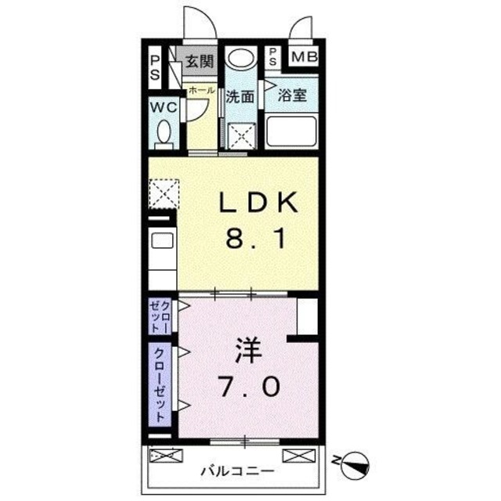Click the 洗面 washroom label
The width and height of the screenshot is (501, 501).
[x=240, y=98]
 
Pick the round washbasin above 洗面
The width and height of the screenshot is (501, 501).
[x=240, y=60]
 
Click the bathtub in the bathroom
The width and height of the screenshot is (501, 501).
[x=291, y=132]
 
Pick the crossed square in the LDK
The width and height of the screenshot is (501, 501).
[x=164, y=193]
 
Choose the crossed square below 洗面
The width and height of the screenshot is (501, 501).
[x=240, y=134]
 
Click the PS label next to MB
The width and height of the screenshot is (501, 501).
[x=272, y=57]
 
